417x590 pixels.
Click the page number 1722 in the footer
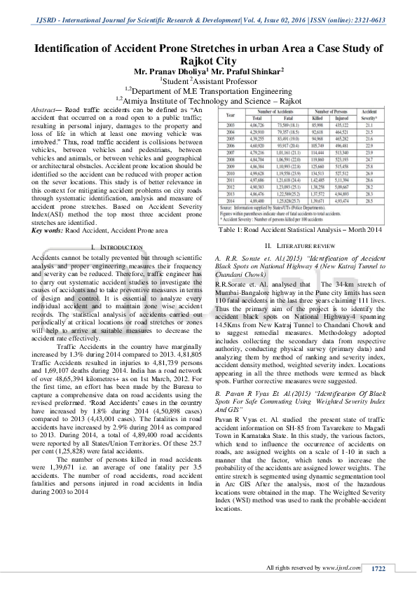[379, 568]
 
